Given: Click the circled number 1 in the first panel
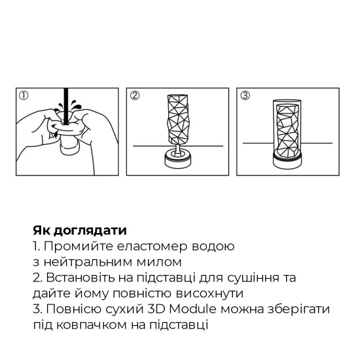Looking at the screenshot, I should point(24,96).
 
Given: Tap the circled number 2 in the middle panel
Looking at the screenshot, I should point(135,96).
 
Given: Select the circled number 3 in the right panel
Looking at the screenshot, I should point(245,96).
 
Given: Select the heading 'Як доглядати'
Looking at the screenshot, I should point(79,231).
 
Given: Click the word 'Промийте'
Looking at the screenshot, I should point(73,247).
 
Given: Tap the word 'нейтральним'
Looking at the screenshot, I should point(81,262).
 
